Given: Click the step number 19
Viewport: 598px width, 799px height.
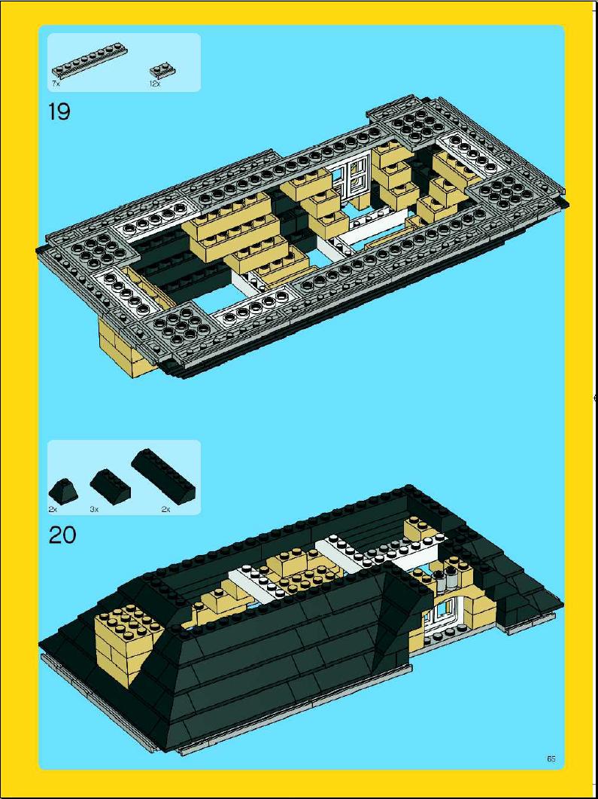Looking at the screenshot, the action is (x=59, y=111).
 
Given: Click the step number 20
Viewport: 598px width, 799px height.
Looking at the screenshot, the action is (x=62, y=535).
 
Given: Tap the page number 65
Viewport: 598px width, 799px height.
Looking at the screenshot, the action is (x=551, y=759).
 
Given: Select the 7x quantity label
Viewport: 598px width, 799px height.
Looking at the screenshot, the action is (x=56, y=84).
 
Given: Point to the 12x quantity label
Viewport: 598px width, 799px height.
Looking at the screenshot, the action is (x=155, y=84).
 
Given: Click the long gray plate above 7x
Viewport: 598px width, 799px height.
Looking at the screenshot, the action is (x=89, y=61).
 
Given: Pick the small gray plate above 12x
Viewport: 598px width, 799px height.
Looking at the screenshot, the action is (x=163, y=70).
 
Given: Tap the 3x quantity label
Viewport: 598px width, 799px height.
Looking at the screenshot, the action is (x=94, y=508).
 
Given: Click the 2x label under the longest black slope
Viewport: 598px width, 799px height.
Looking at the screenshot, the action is (x=165, y=508).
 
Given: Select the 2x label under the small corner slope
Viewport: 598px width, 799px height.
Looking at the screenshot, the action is (x=53, y=508).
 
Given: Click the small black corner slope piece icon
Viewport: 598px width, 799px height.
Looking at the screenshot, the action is (x=64, y=491).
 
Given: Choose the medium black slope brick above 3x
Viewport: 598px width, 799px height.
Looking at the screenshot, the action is (x=110, y=486).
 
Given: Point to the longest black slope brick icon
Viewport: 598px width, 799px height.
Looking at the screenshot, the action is (x=163, y=477).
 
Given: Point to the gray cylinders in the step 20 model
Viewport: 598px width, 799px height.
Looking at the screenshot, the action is (x=445, y=580).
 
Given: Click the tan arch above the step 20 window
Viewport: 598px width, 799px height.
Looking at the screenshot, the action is (x=448, y=597).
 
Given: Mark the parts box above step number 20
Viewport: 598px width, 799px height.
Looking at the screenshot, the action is (x=124, y=477).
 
